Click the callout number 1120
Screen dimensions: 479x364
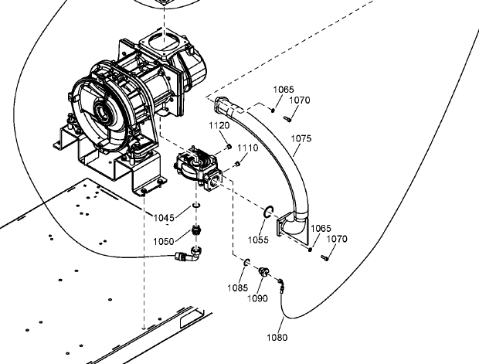219,126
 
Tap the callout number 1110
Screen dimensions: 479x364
248,148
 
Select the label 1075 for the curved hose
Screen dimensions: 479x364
301,138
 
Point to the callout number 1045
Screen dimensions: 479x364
164,218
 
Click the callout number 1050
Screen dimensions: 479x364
164,241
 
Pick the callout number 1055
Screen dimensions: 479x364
258,240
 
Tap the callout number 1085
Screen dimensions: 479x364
238,287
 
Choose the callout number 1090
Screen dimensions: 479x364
257,298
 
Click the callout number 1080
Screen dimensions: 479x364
277,338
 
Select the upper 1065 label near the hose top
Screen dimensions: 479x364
284,90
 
